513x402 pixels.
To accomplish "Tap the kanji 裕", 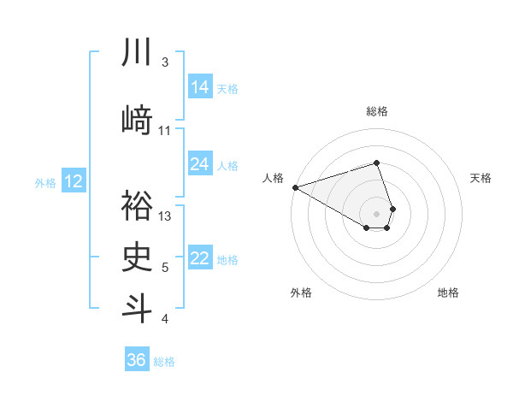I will pos(138,207).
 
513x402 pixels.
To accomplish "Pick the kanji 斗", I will pos(138,308).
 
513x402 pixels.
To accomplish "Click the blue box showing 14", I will pos(199,87).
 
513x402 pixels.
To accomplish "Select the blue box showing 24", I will pos(199,164).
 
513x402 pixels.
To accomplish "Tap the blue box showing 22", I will pos(199,259).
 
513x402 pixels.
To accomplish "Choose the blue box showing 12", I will pos(73,181).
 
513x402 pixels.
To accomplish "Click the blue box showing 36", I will pos(137,360).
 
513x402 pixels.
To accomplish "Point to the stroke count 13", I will pos(166,216).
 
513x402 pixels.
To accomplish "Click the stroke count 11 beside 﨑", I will pos(165,130).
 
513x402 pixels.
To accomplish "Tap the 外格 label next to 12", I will pos(45,182).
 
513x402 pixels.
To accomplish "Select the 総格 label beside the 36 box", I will pos(164,362).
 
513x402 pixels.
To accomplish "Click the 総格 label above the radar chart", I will pos(377,111).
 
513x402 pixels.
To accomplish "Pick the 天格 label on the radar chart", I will pos(481,178).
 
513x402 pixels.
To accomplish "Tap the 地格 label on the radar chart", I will pos(448,293).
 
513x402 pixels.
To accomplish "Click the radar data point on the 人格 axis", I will pos(295,186).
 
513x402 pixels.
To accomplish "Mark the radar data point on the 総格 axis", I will pos(377,163).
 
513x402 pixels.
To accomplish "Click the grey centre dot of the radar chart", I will pos(377,213).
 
